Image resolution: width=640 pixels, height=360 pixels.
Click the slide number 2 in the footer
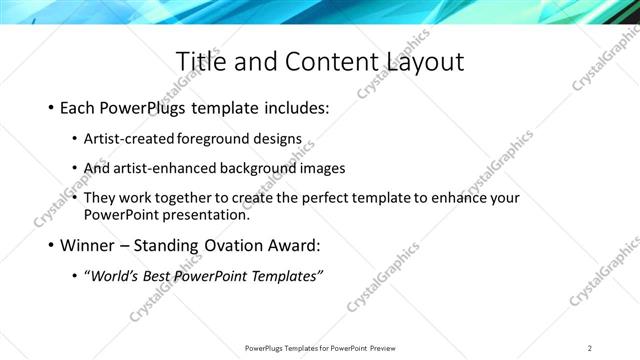point(589,348)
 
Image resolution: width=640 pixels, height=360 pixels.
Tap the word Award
point(300,245)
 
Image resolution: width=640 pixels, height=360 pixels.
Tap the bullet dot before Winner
point(51,245)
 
